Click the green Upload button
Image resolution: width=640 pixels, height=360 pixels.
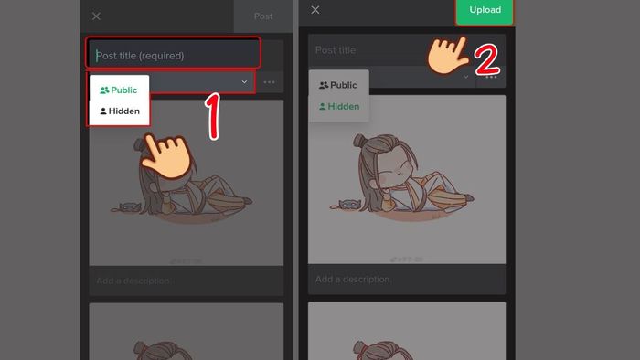485,12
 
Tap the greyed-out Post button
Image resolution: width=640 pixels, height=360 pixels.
263,16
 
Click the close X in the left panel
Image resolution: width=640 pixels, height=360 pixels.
97,16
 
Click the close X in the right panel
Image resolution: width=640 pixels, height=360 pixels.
315,10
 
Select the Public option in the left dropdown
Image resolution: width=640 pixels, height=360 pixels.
119,90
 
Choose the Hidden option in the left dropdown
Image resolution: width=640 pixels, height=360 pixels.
119,111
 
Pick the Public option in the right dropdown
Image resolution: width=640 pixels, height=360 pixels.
338,85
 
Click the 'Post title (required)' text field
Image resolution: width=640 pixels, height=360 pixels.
174,55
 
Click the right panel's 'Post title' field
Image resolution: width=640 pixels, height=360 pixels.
393,49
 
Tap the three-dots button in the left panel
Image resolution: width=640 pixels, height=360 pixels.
269,82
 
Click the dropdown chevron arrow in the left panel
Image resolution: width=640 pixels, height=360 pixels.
245,82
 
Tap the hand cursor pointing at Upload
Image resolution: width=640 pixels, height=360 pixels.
449,57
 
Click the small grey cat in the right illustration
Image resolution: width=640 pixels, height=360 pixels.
347,204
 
